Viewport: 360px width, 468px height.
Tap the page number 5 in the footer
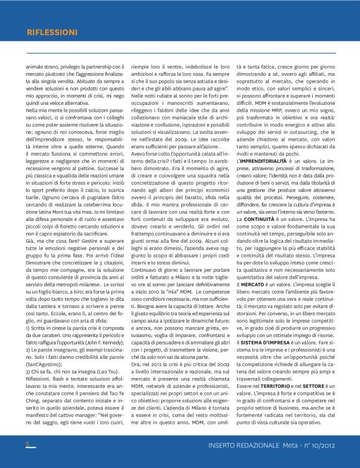[x=27, y=444]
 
